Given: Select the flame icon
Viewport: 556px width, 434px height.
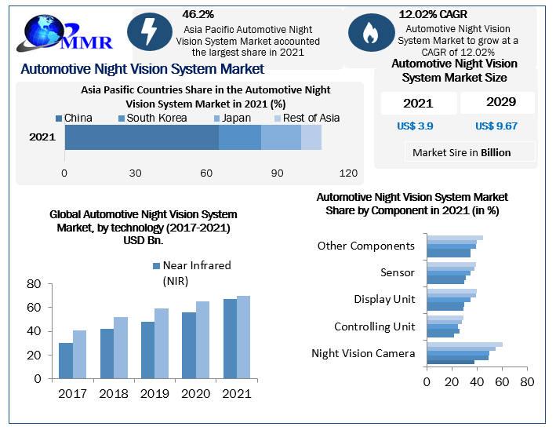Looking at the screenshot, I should [x=369, y=33].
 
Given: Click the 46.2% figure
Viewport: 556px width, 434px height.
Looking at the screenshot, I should [x=198, y=14].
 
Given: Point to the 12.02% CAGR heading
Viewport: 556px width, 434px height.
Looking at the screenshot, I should [x=433, y=14].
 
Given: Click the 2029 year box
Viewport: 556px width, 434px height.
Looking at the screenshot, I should [x=497, y=103].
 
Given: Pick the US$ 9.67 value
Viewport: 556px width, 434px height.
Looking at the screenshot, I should [x=496, y=126].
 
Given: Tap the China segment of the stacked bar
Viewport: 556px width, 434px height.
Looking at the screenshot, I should [x=141, y=137].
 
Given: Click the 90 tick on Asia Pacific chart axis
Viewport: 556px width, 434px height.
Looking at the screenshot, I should [x=277, y=173].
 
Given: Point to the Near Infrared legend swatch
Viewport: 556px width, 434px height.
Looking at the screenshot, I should [x=156, y=265].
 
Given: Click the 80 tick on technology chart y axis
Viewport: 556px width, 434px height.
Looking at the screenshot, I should [x=34, y=284].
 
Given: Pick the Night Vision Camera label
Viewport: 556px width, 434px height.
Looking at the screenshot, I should [x=362, y=353].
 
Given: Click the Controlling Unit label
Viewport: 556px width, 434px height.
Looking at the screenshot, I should [x=374, y=326].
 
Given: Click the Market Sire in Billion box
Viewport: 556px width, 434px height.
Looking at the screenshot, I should [x=461, y=152].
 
